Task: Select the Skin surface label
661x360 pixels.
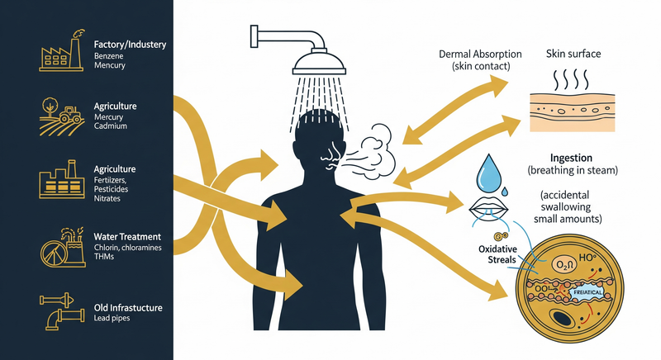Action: (x=573, y=54)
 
